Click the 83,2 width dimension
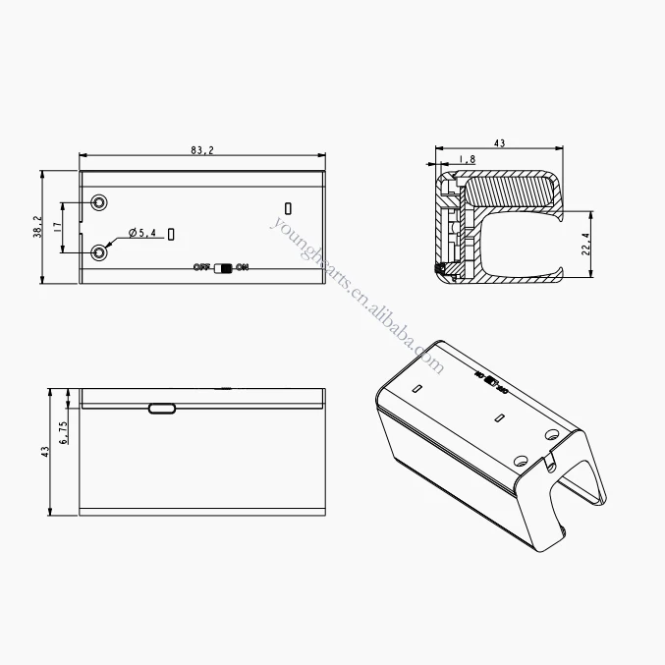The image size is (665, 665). click(202, 149)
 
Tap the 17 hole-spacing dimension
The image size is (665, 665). click(58, 227)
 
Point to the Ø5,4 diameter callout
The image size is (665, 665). click(142, 233)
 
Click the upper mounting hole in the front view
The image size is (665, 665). click(99, 202)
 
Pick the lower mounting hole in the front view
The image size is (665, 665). click(99, 253)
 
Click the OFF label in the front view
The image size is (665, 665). click(202, 267)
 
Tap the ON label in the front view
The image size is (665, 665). click(243, 267)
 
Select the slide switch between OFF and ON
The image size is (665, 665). click(223, 267)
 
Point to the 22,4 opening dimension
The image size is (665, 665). click(586, 243)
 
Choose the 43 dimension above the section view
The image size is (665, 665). click(499, 143)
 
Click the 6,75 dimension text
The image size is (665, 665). click(64, 433)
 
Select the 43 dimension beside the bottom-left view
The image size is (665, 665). click(44, 451)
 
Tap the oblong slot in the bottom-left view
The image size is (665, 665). click(162, 409)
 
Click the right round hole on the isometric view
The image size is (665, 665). click(551, 433)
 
